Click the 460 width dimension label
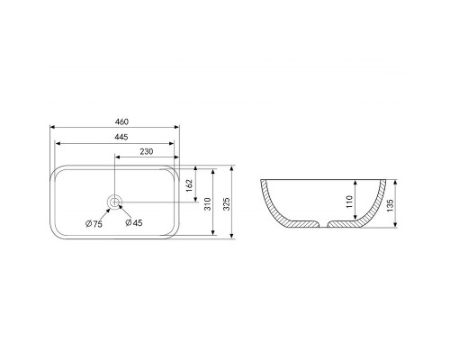[x=121, y=121]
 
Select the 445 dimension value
[x=121, y=137]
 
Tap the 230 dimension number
[x=147, y=151]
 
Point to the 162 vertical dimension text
[x=189, y=186]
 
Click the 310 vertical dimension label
[x=208, y=204]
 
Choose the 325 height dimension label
[x=227, y=204]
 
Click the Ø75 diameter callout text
[x=94, y=224]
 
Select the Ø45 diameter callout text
[x=134, y=222]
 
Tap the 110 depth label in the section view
[x=349, y=202]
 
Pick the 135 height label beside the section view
[x=390, y=205]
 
